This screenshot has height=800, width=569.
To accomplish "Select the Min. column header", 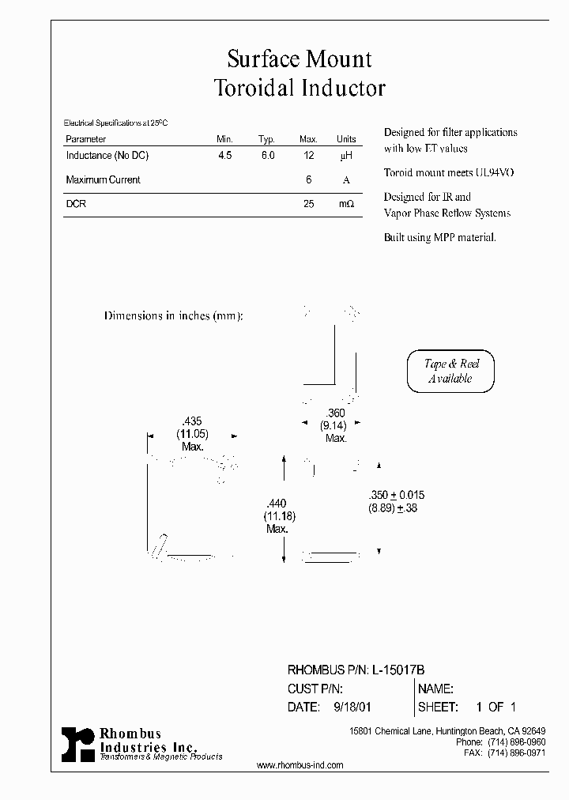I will coord(225,139).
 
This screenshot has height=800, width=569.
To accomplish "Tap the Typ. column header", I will coord(266,139).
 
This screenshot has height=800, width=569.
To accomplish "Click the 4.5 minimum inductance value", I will coord(225,156).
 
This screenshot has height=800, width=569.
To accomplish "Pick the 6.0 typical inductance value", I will coord(268,156).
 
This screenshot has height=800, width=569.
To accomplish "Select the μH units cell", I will coord(346,157).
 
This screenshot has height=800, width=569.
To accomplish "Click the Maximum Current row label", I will coord(103,179).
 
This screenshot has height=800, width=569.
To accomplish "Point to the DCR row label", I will coord(76,203).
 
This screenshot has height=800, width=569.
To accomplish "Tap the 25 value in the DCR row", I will coord(308,203).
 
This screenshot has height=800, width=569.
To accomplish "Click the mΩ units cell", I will coord(346,204).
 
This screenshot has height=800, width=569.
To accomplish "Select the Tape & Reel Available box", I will coord(450,371).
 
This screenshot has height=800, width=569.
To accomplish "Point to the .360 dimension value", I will coord(335,414).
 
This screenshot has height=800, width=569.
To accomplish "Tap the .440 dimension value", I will coord(277,504).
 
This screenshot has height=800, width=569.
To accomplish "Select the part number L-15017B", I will coord(398,670).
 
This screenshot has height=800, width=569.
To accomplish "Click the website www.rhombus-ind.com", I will coord(300,765).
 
